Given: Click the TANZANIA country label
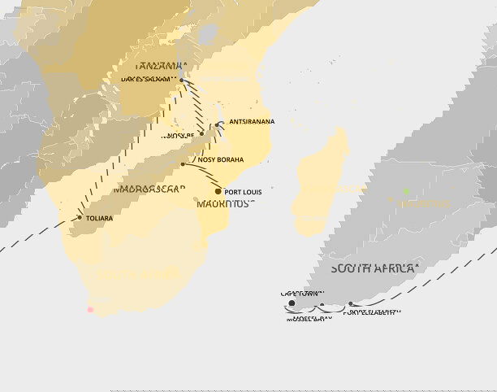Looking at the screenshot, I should coord(162,65).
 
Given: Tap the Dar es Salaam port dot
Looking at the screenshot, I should coord(182,80).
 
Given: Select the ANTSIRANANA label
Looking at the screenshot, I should coord(252,122).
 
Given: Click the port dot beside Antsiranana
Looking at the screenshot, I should coord(220,124).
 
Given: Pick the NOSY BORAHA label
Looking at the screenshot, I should coord(221,160).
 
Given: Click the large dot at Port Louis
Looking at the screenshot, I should coord(218,191).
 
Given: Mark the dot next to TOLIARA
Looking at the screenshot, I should coord(80,217).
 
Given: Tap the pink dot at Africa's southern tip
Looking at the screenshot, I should coord(91,309).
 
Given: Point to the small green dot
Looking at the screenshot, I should coord(406,191).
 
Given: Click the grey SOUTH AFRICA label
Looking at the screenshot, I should coord(374,268).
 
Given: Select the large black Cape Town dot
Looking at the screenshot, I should coord(292,304).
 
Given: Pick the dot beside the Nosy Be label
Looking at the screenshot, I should coord(201,133).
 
